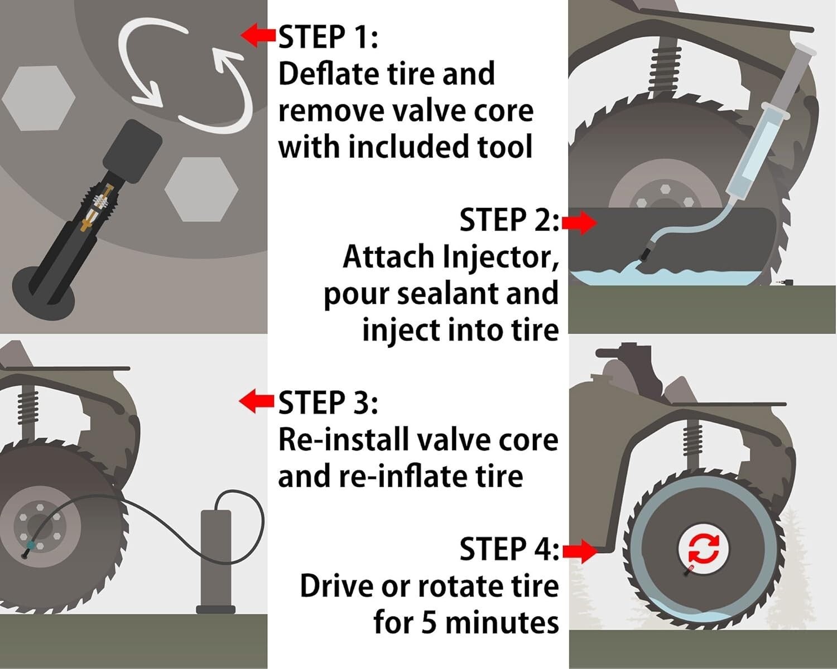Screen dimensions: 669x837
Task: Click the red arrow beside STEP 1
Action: tap(258, 35)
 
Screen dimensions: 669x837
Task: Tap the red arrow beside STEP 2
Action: tap(580, 222)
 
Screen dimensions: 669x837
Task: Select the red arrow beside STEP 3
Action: tap(257, 401)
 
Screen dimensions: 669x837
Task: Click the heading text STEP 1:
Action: tap(328, 37)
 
